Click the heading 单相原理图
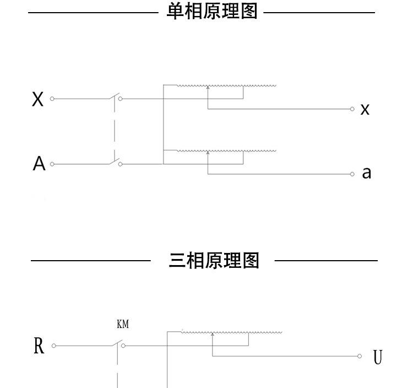pos(212,11)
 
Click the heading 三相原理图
pos(214,261)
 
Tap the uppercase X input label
pos(37,99)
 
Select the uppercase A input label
pos(39,164)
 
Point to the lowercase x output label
pos(365,109)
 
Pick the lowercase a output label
pos(367,173)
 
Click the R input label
pos(39,346)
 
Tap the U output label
pos(378,357)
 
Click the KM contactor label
pos(123,324)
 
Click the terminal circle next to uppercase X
pos(52,99)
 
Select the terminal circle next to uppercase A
pos(52,164)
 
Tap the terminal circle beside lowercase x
pos(352,109)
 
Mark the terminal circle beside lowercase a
pos(352,174)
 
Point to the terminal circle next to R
pos(54,346)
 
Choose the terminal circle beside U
pos(360,356)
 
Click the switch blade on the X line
pos(114,96)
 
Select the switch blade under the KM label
pos(117,343)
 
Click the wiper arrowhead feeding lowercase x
pos(208,87)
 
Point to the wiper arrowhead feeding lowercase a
pos(208,153)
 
